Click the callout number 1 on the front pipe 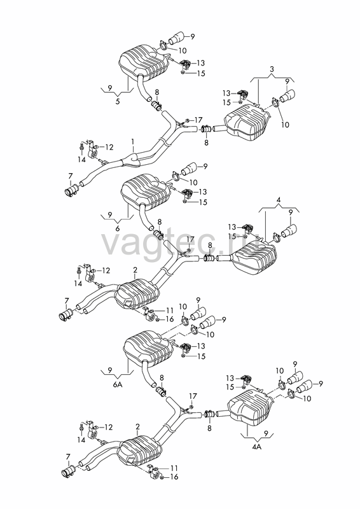(x=132, y=141)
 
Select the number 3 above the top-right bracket (x=272, y=69)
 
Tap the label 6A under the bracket (x=118, y=384)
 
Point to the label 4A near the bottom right (x=256, y=447)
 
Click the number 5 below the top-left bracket (x=118, y=102)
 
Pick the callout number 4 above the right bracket (x=278, y=200)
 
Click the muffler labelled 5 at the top (x=144, y=63)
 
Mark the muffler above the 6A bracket (x=148, y=348)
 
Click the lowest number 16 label (x=174, y=477)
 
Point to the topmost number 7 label (x=70, y=176)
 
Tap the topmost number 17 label (x=198, y=120)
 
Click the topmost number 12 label (x=109, y=148)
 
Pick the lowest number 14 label (x=81, y=440)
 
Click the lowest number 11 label (x=174, y=468)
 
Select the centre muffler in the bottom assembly (x=139, y=453)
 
